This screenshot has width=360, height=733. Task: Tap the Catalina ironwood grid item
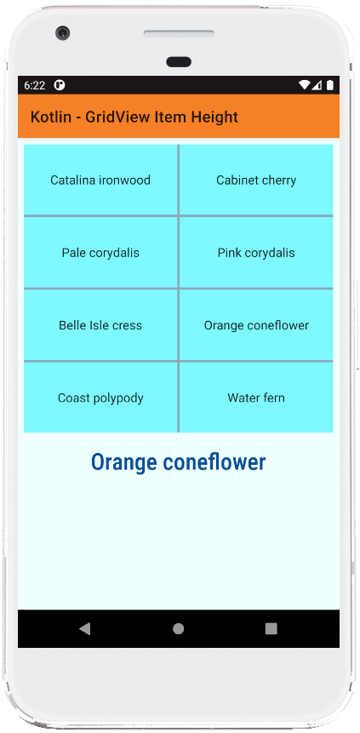[x=100, y=180]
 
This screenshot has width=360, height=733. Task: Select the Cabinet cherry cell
[x=256, y=180]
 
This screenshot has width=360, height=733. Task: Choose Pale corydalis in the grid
[x=100, y=253]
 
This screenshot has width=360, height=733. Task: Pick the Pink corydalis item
[x=256, y=253]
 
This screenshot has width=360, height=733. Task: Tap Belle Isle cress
[x=100, y=325]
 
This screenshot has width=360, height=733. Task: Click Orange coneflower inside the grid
[x=256, y=325]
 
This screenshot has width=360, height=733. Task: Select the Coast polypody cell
[x=100, y=398]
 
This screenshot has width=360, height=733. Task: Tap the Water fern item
[x=256, y=398]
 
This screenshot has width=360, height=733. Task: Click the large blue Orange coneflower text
[x=178, y=462]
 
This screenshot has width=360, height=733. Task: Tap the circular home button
[x=178, y=629]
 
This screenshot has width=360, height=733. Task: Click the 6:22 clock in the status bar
[x=35, y=85]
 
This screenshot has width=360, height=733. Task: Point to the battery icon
[x=330, y=84]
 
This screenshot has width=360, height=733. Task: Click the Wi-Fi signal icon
[x=305, y=84]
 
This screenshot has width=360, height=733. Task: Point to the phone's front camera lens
[x=63, y=33]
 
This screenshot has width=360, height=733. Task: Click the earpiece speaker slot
[x=179, y=34]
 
